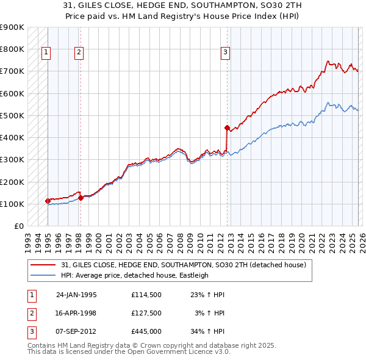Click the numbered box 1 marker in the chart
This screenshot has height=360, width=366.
coord(46,53)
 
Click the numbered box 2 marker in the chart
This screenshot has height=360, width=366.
coord(79,53)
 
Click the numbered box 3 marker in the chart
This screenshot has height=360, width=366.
coord(225,53)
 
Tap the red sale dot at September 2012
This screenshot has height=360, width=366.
coord(227,128)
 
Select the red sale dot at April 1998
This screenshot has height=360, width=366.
coord(81,198)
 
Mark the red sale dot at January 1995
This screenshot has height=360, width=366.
coord(48,201)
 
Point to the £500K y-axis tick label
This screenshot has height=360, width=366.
coord(12,115)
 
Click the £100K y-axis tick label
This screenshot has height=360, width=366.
coord(12,204)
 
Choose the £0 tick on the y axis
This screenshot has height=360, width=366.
coord(18,226)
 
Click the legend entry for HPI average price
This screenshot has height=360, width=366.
coord(134,275)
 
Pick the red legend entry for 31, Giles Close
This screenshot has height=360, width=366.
coord(187,265)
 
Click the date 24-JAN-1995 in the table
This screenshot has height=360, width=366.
coord(76,295)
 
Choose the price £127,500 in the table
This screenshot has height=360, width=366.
coord(146,313)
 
